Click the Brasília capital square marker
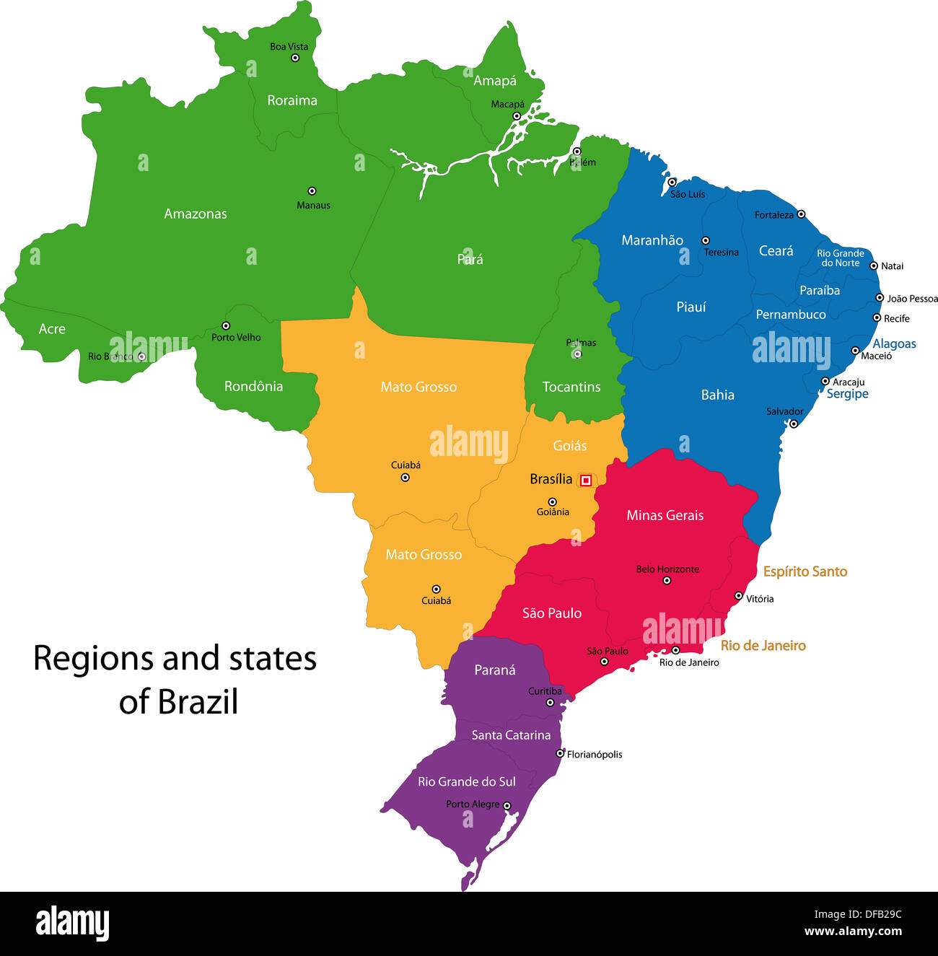(586, 480)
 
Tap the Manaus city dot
(312, 191)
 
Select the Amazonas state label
(195, 214)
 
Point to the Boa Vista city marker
(294, 58)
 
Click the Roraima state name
(292, 100)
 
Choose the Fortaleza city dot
(801, 214)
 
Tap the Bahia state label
(717, 395)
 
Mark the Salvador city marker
(793, 424)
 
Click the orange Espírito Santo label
(805, 571)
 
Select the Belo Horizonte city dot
(667, 580)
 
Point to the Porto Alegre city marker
(507, 806)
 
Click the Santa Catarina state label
(511, 735)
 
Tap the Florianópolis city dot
(560, 753)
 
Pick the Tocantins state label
(571, 387)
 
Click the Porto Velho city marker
(226, 325)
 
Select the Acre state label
(52, 329)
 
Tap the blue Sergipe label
(847, 394)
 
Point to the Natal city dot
(874, 266)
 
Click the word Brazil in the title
(198, 702)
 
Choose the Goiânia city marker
(552, 501)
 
